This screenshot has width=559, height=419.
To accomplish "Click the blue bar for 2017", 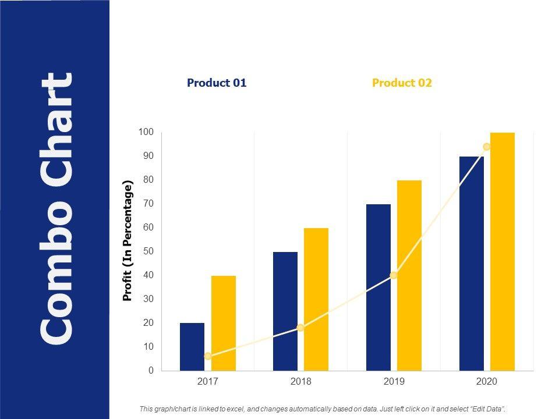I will [x=192, y=347].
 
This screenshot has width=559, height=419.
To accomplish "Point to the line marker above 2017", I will [x=208, y=356].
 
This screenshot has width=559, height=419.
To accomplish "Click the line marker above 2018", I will [x=300, y=328].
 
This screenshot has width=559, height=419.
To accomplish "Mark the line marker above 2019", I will [x=394, y=275].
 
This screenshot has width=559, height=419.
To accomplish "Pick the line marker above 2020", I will [x=487, y=147].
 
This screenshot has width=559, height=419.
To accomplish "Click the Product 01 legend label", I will [x=217, y=83].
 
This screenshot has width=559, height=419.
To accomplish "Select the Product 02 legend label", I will [x=402, y=83].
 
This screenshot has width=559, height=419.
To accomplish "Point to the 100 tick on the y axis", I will [x=146, y=132].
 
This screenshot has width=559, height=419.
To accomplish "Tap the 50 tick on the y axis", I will [x=148, y=251].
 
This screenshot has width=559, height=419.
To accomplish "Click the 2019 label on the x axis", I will [x=394, y=382].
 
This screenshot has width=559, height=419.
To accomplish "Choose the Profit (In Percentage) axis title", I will [x=128, y=241].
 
